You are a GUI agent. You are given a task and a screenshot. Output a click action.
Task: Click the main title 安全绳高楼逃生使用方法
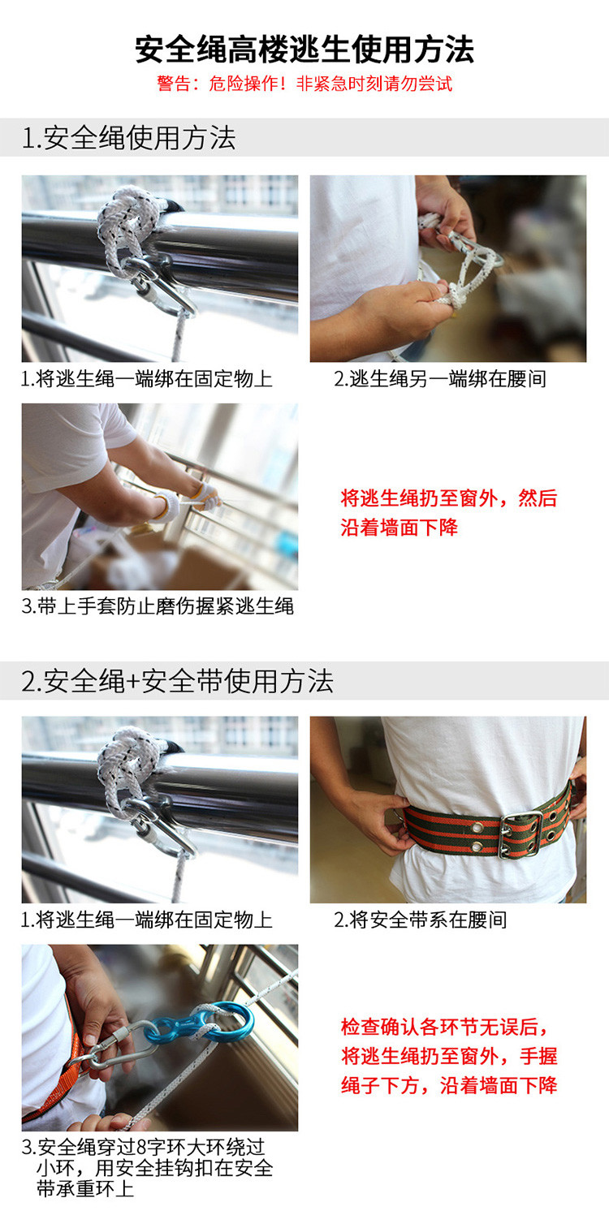coord(304,50)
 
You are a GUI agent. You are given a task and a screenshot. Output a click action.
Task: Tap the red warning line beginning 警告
coord(304,84)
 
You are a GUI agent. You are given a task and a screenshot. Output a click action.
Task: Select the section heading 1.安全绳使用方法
coord(128,138)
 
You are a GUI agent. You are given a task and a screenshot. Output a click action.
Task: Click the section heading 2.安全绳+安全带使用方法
coord(177,681)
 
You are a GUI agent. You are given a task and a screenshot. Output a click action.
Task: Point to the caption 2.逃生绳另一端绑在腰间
coord(440,379)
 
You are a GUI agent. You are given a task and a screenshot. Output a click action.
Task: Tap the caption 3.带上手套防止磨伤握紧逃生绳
coord(158,606)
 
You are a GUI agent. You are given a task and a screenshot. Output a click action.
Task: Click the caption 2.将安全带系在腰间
coord(421,920)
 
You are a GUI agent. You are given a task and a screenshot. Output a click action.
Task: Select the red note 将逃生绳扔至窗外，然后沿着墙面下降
coord(449,513)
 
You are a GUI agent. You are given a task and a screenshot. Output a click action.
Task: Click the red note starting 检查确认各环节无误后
coord(449,1056)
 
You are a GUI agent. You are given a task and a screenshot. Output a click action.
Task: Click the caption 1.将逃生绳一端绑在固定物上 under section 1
coord(146,379)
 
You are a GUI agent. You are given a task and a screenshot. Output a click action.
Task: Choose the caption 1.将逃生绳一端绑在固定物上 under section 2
coord(146,920)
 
